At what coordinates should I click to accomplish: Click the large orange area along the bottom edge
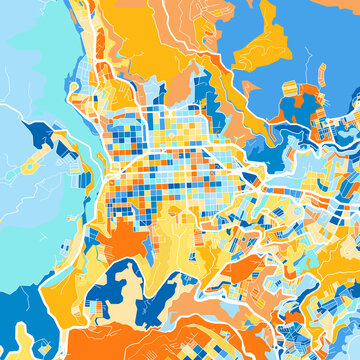point(200,340)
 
